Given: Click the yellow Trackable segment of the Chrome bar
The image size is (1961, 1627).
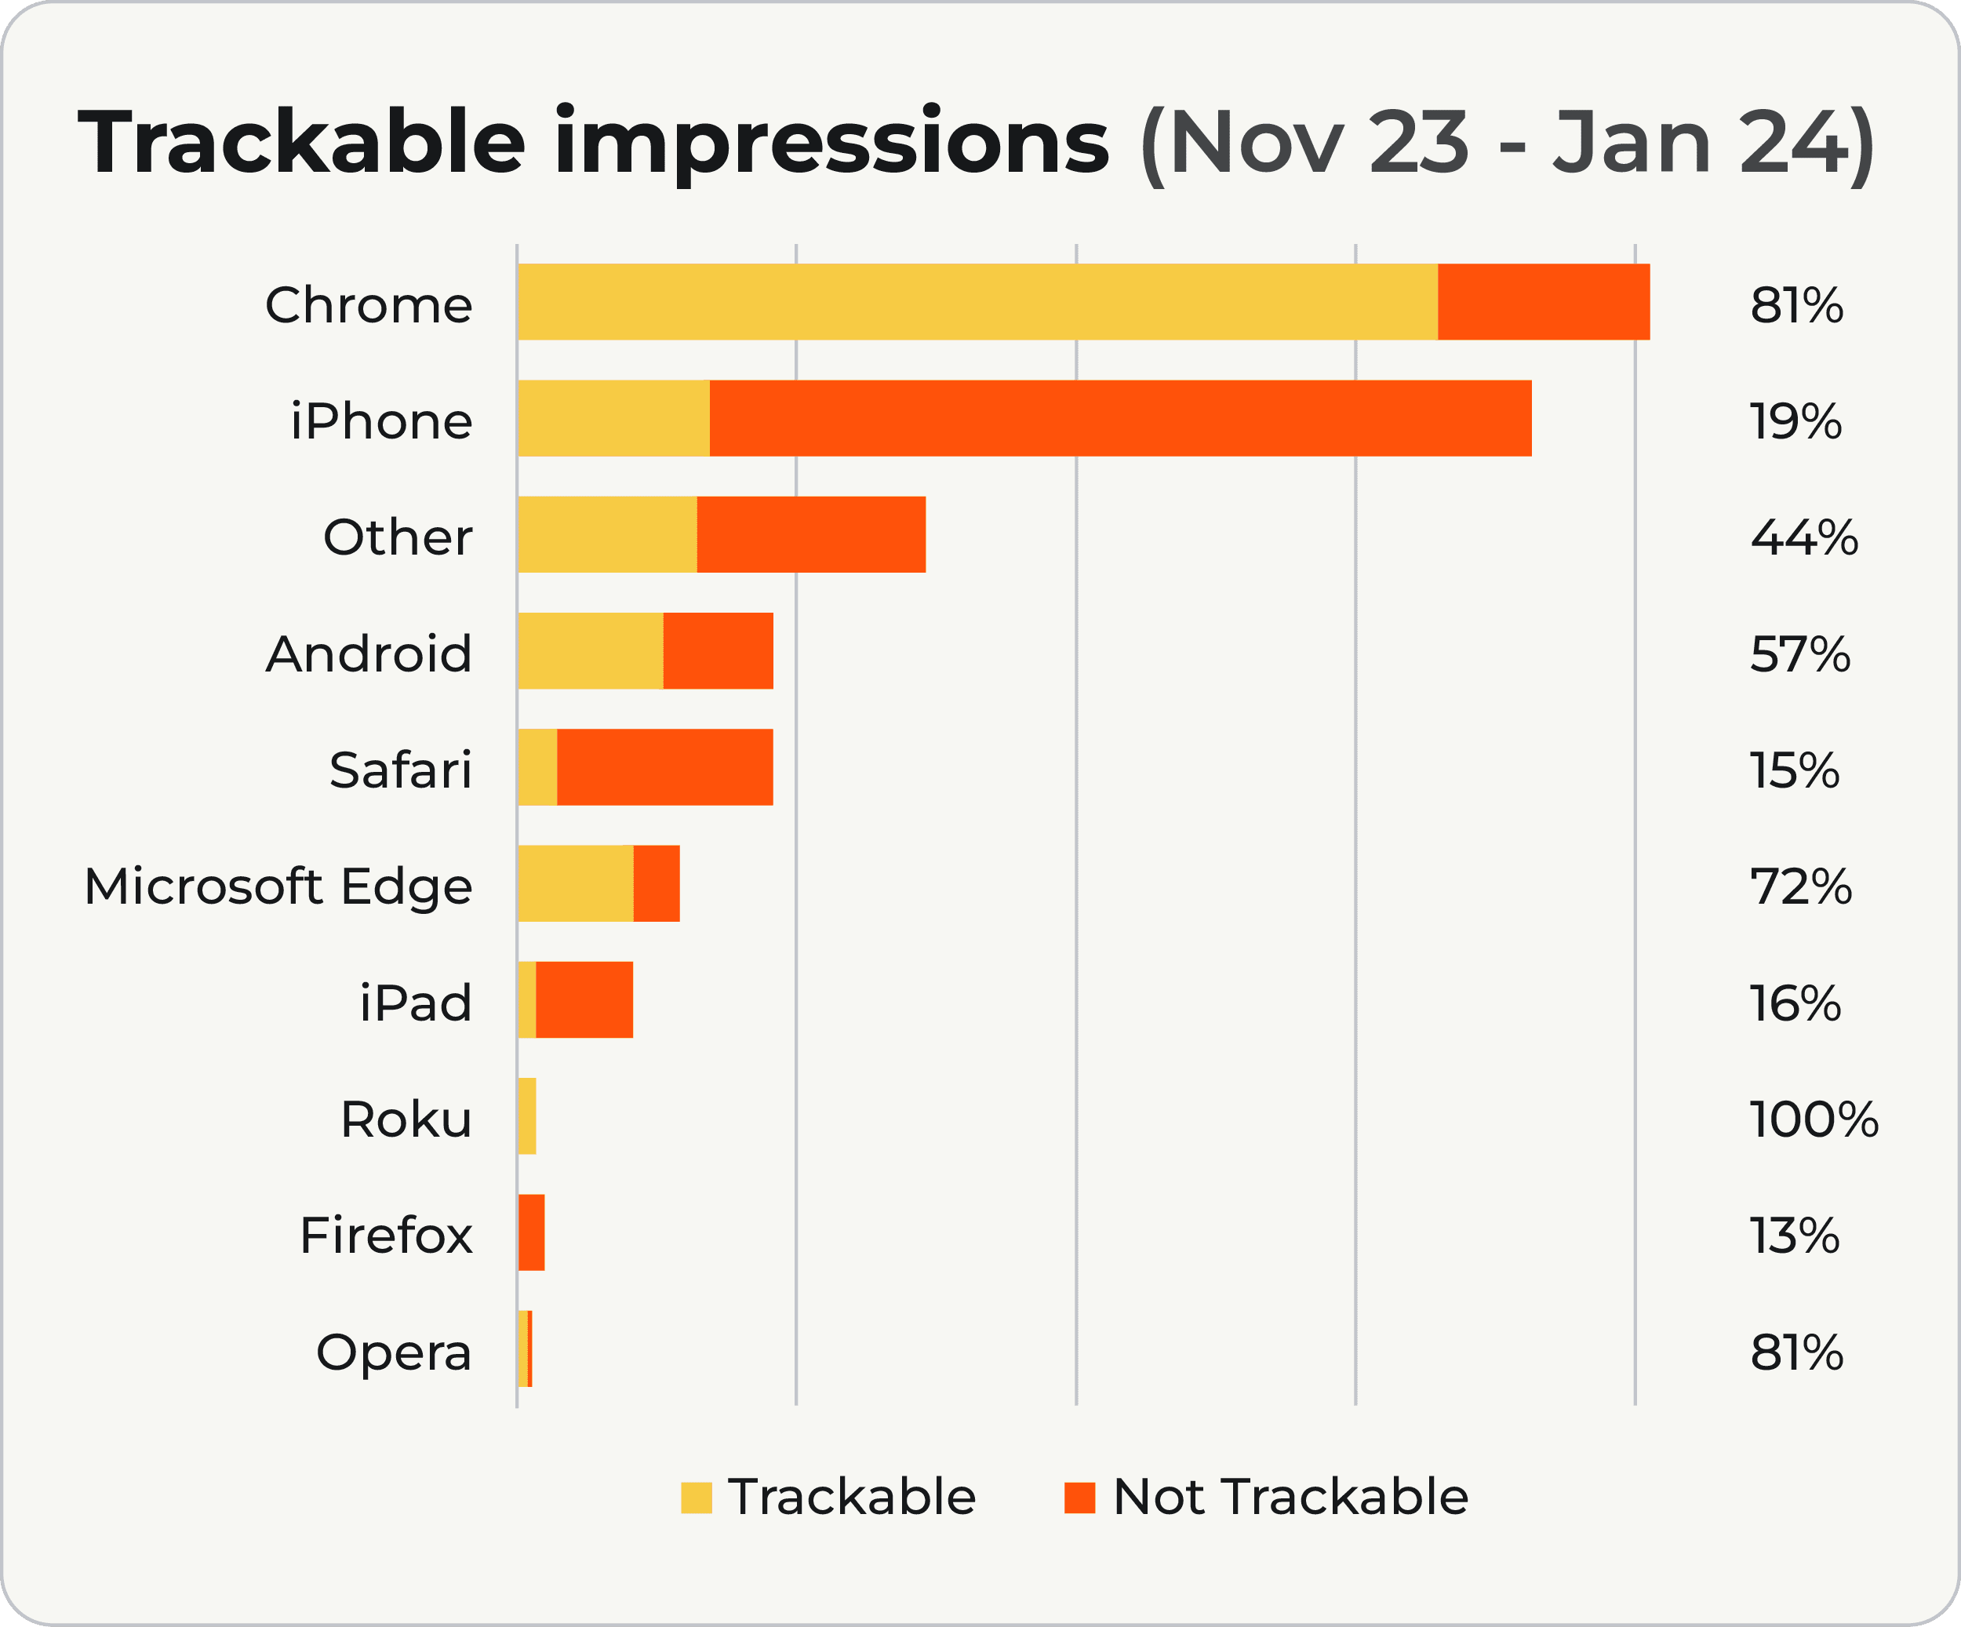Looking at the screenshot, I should point(977,302).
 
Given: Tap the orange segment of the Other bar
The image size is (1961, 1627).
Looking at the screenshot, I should point(810,534).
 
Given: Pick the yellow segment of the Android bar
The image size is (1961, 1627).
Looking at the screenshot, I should point(590,651).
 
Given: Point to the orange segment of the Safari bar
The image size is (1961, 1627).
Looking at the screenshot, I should point(665,766).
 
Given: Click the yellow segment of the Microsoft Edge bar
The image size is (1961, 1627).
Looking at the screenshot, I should point(575,883).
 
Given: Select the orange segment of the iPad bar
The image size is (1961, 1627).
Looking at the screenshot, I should point(584,999).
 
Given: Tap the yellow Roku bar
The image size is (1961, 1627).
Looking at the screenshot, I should point(526,1116).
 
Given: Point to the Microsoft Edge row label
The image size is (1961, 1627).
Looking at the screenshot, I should point(278,886).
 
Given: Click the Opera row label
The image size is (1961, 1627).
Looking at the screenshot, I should point(394,1352).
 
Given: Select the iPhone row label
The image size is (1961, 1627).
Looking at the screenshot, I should point(381,421).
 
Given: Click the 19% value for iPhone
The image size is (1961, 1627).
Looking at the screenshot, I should point(1795,421).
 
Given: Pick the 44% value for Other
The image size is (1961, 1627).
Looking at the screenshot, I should point(1803,537).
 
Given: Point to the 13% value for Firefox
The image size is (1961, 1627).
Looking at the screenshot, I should point(1794,1236).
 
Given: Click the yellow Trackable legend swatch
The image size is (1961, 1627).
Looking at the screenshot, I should point(696,1498).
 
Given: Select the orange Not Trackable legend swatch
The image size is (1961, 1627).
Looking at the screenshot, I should point(1079,1498).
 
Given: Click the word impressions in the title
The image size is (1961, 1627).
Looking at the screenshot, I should point(831,143).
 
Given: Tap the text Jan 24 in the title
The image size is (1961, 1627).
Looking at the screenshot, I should point(1701,143).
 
